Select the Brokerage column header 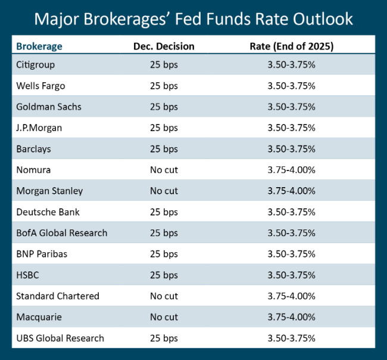click(x=39, y=46)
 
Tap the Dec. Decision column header click(x=163, y=46)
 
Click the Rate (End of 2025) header click(x=291, y=46)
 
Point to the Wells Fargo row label click(x=40, y=86)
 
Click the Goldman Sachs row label click(x=49, y=107)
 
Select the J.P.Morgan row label click(x=39, y=128)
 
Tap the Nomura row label click(x=33, y=170)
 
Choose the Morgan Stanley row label click(x=49, y=191)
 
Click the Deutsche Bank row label click(x=48, y=212)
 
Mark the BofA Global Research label click(x=62, y=233)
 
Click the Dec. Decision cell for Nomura click(x=164, y=170)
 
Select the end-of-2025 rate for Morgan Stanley click(x=291, y=191)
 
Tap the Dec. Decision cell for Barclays click(x=164, y=149)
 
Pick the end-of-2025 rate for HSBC click(x=291, y=275)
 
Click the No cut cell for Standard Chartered click(x=164, y=296)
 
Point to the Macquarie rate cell click(x=291, y=317)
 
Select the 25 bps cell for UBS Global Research click(x=164, y=338)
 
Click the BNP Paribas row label click(x=42, y=254)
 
